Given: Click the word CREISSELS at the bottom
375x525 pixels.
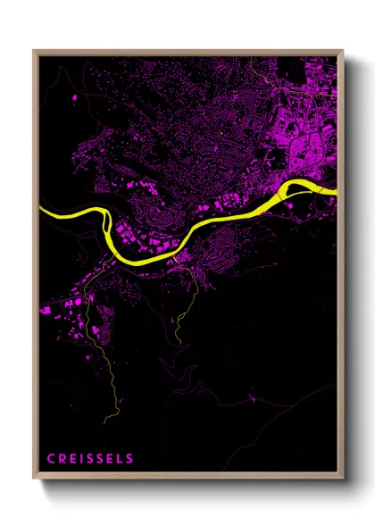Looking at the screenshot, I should point(90,459).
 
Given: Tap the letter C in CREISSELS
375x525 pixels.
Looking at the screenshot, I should point(51,459).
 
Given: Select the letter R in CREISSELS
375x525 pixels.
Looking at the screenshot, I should point(62,459).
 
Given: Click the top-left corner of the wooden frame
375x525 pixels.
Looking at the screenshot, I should point(35,50).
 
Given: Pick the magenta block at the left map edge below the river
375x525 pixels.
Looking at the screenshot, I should point(44,311).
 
